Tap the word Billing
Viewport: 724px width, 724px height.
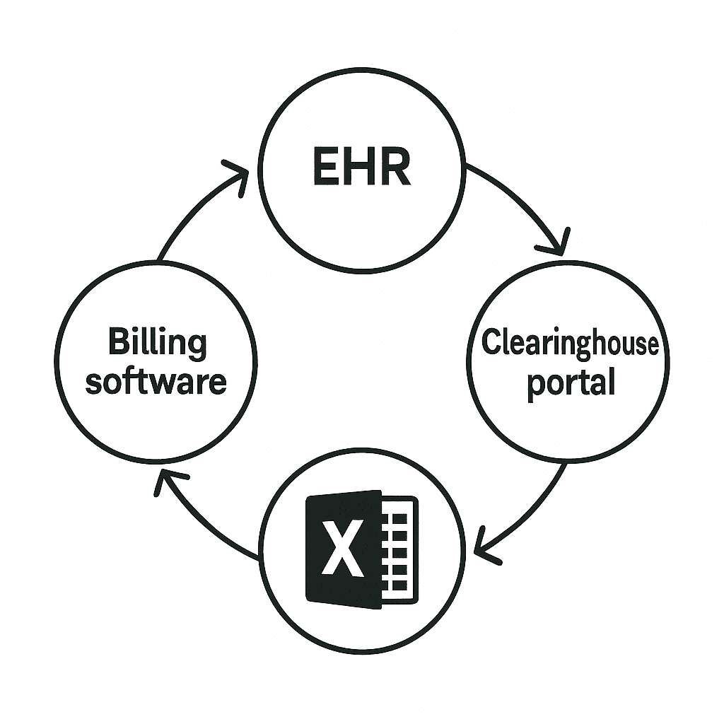coord(157,343)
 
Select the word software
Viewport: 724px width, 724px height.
coord(156,382)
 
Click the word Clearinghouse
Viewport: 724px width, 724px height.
coord(570,344)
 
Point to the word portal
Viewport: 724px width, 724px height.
coord(571,383)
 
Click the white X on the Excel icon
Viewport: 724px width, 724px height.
coord(343,547)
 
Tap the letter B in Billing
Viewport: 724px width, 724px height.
coord(117,343)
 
